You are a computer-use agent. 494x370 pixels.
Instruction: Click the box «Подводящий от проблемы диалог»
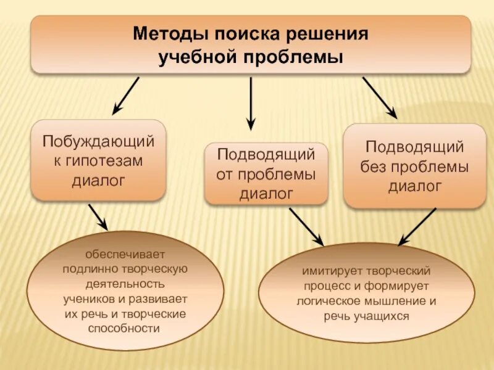coord(266,174)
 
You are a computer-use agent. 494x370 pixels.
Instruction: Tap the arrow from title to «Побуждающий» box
coord(126,96)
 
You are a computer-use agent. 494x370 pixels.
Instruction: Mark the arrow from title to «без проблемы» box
coord(379,97)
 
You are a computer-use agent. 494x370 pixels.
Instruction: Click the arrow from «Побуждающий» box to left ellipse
coord(98,217)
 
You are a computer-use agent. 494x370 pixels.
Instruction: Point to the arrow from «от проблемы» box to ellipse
coord(306,225)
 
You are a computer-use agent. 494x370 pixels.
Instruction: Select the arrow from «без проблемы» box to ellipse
coord(417,226)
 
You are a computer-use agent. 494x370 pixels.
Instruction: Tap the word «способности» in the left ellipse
coord(125,329)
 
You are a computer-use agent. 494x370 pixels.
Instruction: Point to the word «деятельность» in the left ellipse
coord(125,284)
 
